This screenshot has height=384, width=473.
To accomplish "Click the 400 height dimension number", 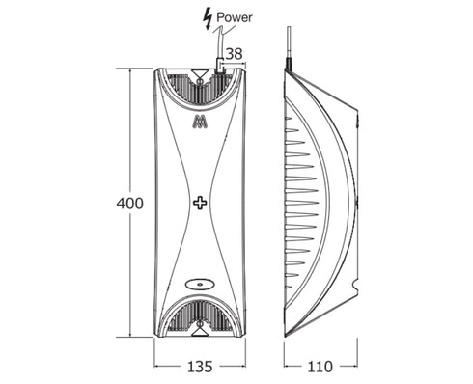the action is coord(130,204).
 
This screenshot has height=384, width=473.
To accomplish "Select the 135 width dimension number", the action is coord(200,367).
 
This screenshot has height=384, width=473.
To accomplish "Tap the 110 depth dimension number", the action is coord(320,367).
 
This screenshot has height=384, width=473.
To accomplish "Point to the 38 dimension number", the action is coord(234,54).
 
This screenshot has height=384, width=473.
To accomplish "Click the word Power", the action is coord(235,17).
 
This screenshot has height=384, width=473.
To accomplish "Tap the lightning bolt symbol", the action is coord(208,19).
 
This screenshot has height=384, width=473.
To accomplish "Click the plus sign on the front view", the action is coord(200,203).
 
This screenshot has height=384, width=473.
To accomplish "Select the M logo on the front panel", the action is coord(200,123).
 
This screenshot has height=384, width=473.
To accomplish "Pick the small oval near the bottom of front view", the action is coord(200,285).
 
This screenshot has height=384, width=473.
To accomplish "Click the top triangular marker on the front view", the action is coord(200,73).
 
